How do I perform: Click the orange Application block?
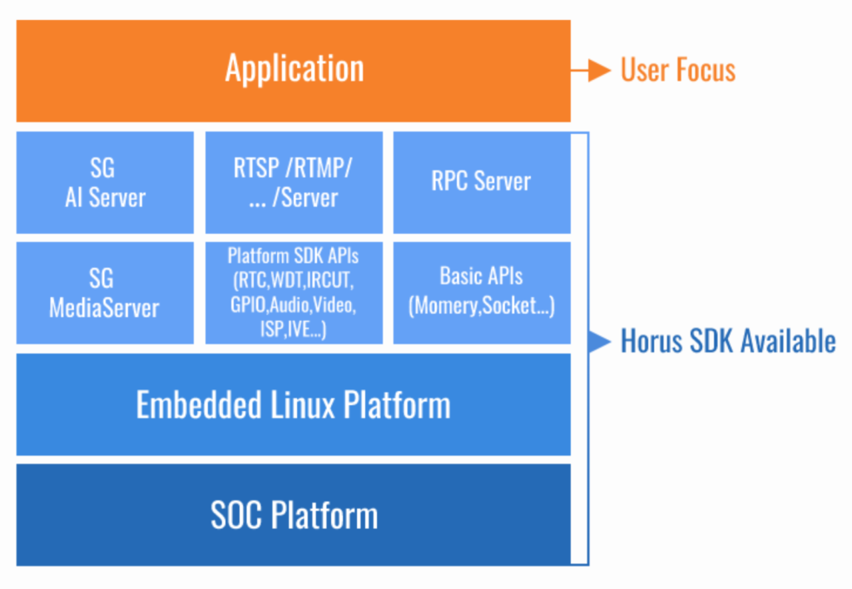point(293,71)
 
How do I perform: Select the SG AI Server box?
point(105,182)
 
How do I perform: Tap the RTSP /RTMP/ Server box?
point(294,182)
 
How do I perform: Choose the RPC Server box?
point(482,182)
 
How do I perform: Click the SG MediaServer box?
point(105,293)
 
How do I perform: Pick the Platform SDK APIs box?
point(294,293)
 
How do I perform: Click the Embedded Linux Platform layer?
point(293,405)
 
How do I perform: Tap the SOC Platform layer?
point(293,515)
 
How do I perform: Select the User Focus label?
point(678,71)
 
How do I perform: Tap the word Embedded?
point(194,405)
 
